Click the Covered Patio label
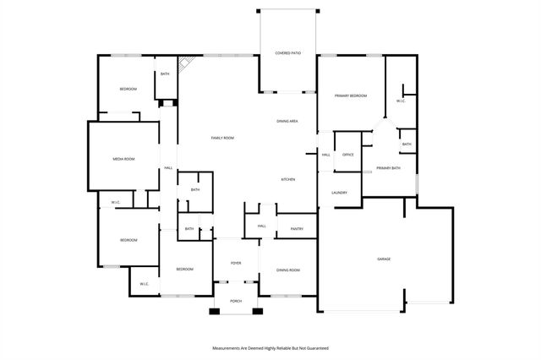click(x=287, y=53)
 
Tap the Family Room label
click(x=222, y=138)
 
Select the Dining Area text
click(x=287, y=122)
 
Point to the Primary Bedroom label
click(x=350, y=96)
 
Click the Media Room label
click(x=124, y=159)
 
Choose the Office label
click(x=347, y=155)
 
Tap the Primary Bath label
click(x=388, y=169)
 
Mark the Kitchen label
click(x=287, y=180)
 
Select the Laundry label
click(x=340, y=193)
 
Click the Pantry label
click(x=297, y=229)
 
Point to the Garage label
click(x=383, y=258)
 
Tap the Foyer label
click(x=236, y=263)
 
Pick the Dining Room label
click(x=287, y=270)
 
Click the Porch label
click(x=236, y=301)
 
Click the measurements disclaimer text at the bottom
click(x=270, y=347)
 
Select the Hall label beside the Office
click(x=325, y=155)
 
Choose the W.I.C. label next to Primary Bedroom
click(x=401, y=101)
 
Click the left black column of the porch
click(x=215, y=312)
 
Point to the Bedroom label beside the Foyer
click(x=184, y=269)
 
